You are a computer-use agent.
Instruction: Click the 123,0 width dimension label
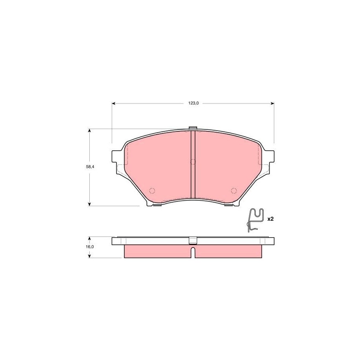point(193,103)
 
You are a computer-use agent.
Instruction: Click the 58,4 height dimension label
point(90,167)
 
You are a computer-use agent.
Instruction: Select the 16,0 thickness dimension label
point(90,247)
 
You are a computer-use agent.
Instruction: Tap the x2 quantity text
point(271,219)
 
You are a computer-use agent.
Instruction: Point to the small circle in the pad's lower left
point(152,190)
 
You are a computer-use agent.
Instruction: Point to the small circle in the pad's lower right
point(234,190)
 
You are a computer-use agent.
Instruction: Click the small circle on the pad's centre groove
point(193,162)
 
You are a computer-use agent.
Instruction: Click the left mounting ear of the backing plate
point(117,157)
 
